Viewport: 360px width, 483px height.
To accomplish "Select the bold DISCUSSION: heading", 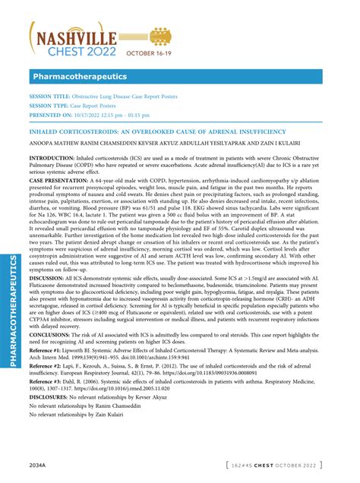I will (48, 279).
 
